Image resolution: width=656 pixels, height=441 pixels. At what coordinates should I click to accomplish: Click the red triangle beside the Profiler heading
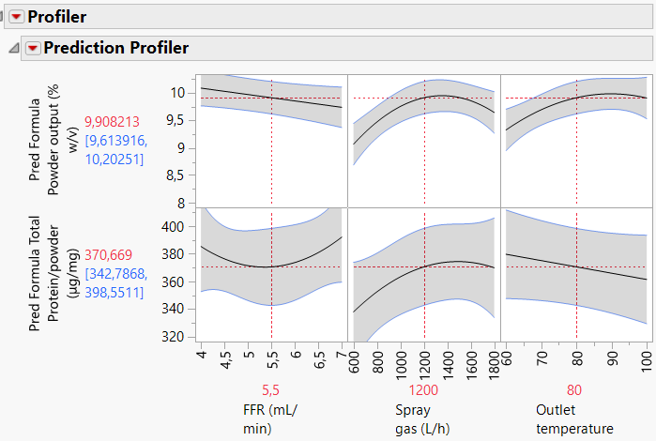pyautogui.click(x=16, y=17)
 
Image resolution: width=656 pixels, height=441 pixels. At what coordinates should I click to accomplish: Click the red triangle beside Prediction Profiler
pyautogui.click(x=33, y=48)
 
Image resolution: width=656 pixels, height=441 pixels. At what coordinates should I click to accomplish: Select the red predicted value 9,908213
pyautogui.click(x=112, y=122)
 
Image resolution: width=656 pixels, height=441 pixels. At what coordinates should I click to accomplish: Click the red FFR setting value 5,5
pyautogui.click(x=271, y=390)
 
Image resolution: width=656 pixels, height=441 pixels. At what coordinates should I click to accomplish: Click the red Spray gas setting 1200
pyautogui.click(x=424, y=390)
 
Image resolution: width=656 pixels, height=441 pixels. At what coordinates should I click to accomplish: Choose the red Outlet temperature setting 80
pyautogui.click(x=576, y=390)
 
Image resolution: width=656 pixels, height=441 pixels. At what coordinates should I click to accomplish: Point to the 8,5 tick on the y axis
pyautogui.click(x=178, y=175)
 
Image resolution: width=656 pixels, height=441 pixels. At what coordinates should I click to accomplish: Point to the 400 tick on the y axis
pyautogui.click(x=178, y=227)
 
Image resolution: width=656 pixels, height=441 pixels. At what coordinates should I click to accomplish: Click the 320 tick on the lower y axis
pyautogui.click(x=178, y=335)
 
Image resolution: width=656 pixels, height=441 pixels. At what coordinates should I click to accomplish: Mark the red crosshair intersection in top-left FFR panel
pyautogui.click(x=271, y=98)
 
